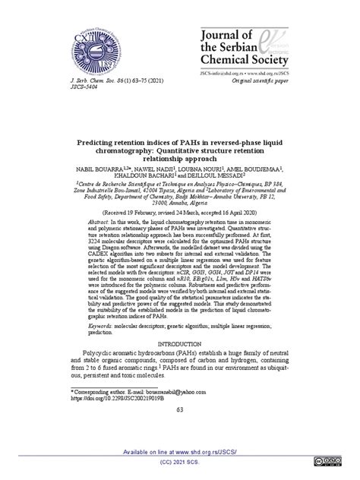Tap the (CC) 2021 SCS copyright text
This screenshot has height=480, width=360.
(x=180, y=462)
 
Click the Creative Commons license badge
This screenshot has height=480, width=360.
(x=328, y=460)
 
